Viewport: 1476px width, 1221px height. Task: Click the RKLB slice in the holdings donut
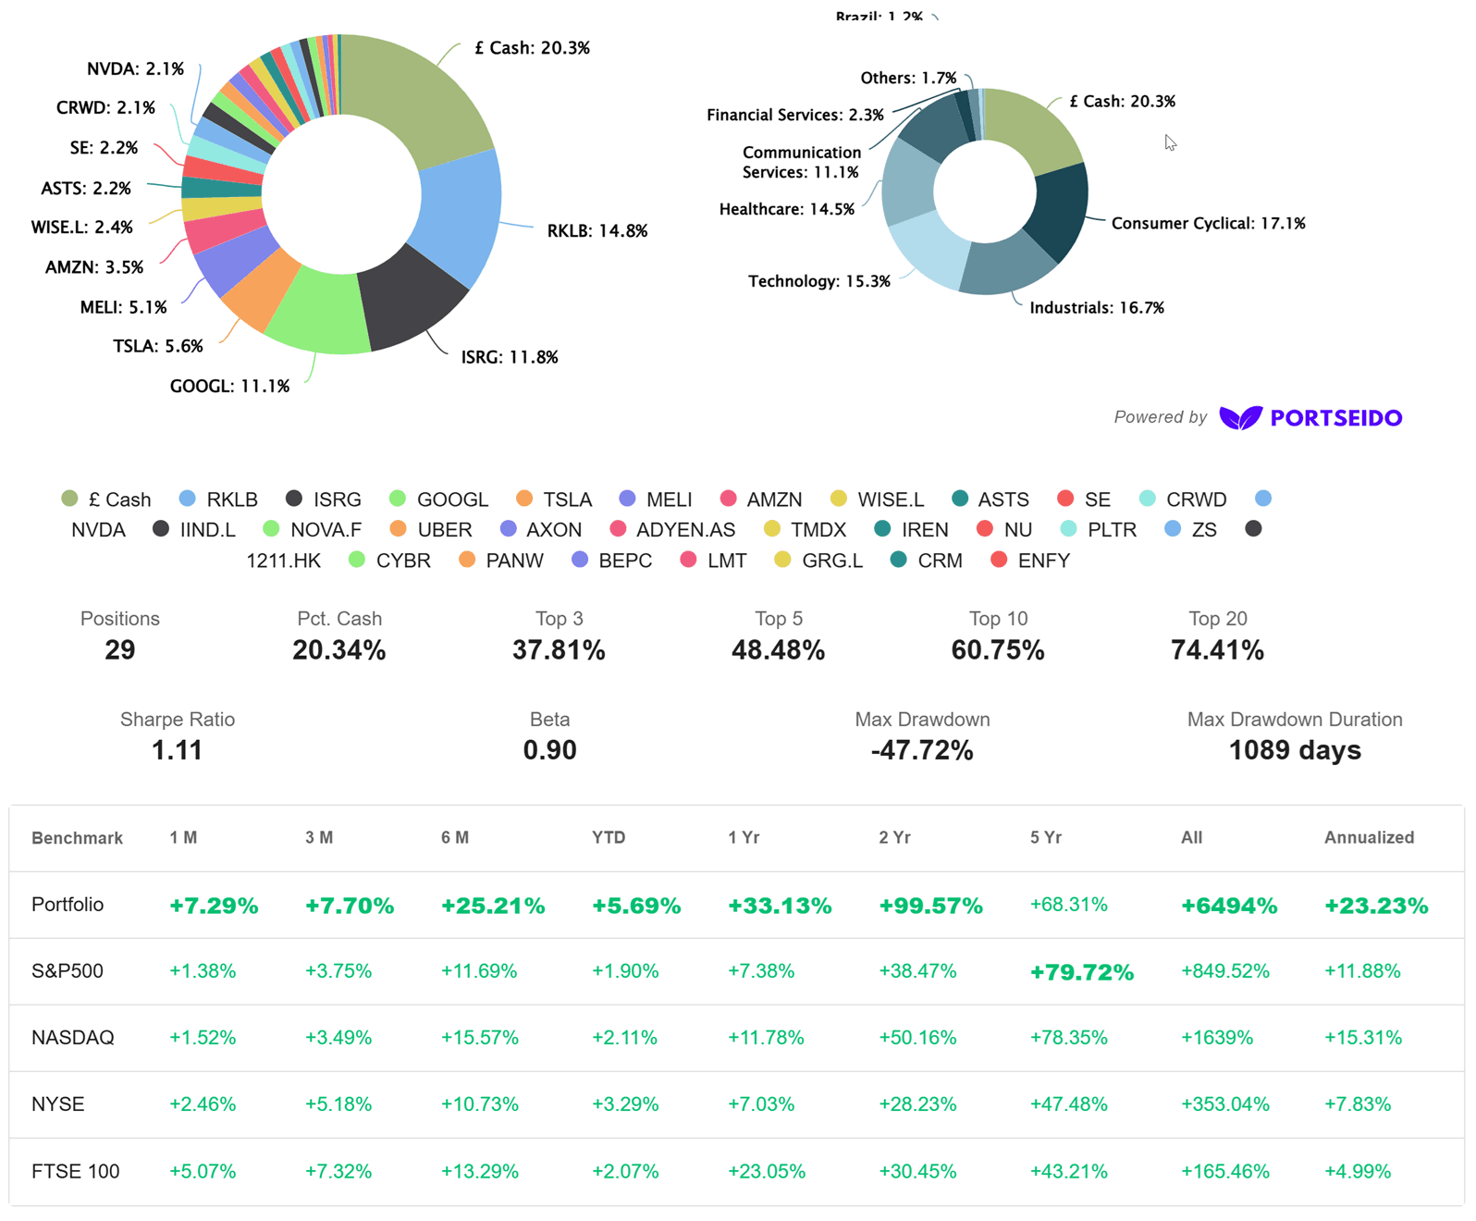pyautogui.click(x=460, y=216)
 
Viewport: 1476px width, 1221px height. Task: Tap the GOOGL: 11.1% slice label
pyautogui.click(x=229, y=386)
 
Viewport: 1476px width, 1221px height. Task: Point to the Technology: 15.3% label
pyautogui.click(x=819, y=281)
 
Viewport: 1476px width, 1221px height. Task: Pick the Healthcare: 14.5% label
pyautogui.click(x=787, y=209)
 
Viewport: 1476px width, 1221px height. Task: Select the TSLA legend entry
pyautogui.click(x=554, y=499)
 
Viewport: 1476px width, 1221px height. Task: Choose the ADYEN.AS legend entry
pyautogui.click(x=672, y=529)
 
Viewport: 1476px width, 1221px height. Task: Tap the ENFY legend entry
pyautogui.click(x=1030, y=561)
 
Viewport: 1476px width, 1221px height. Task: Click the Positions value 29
pyautogui.click(x=120, y=649)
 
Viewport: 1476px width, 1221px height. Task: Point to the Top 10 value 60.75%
pyautogui.click(x=998, y=649)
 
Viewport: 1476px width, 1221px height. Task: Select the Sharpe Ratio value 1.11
pyautogui.click(x=178, y=750)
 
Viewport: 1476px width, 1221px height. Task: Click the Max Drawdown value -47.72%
pyautogui.click(x=922, y=750)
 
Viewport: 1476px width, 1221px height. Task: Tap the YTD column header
pyautogui.click(x=608, y=838)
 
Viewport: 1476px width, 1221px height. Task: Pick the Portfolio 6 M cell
pyautogui.click(x=493, y=906)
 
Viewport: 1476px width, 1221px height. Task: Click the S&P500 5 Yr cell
pyautogui.click(x=1081, y=972)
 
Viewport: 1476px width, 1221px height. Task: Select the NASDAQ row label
pyautogui.click(x=73, y=1037)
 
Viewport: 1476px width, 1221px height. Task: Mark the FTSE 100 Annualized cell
pyautogui.click(x=1358, y=1171)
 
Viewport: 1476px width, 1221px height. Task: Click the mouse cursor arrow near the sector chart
pyautogui.click(x=1170, y=142)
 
